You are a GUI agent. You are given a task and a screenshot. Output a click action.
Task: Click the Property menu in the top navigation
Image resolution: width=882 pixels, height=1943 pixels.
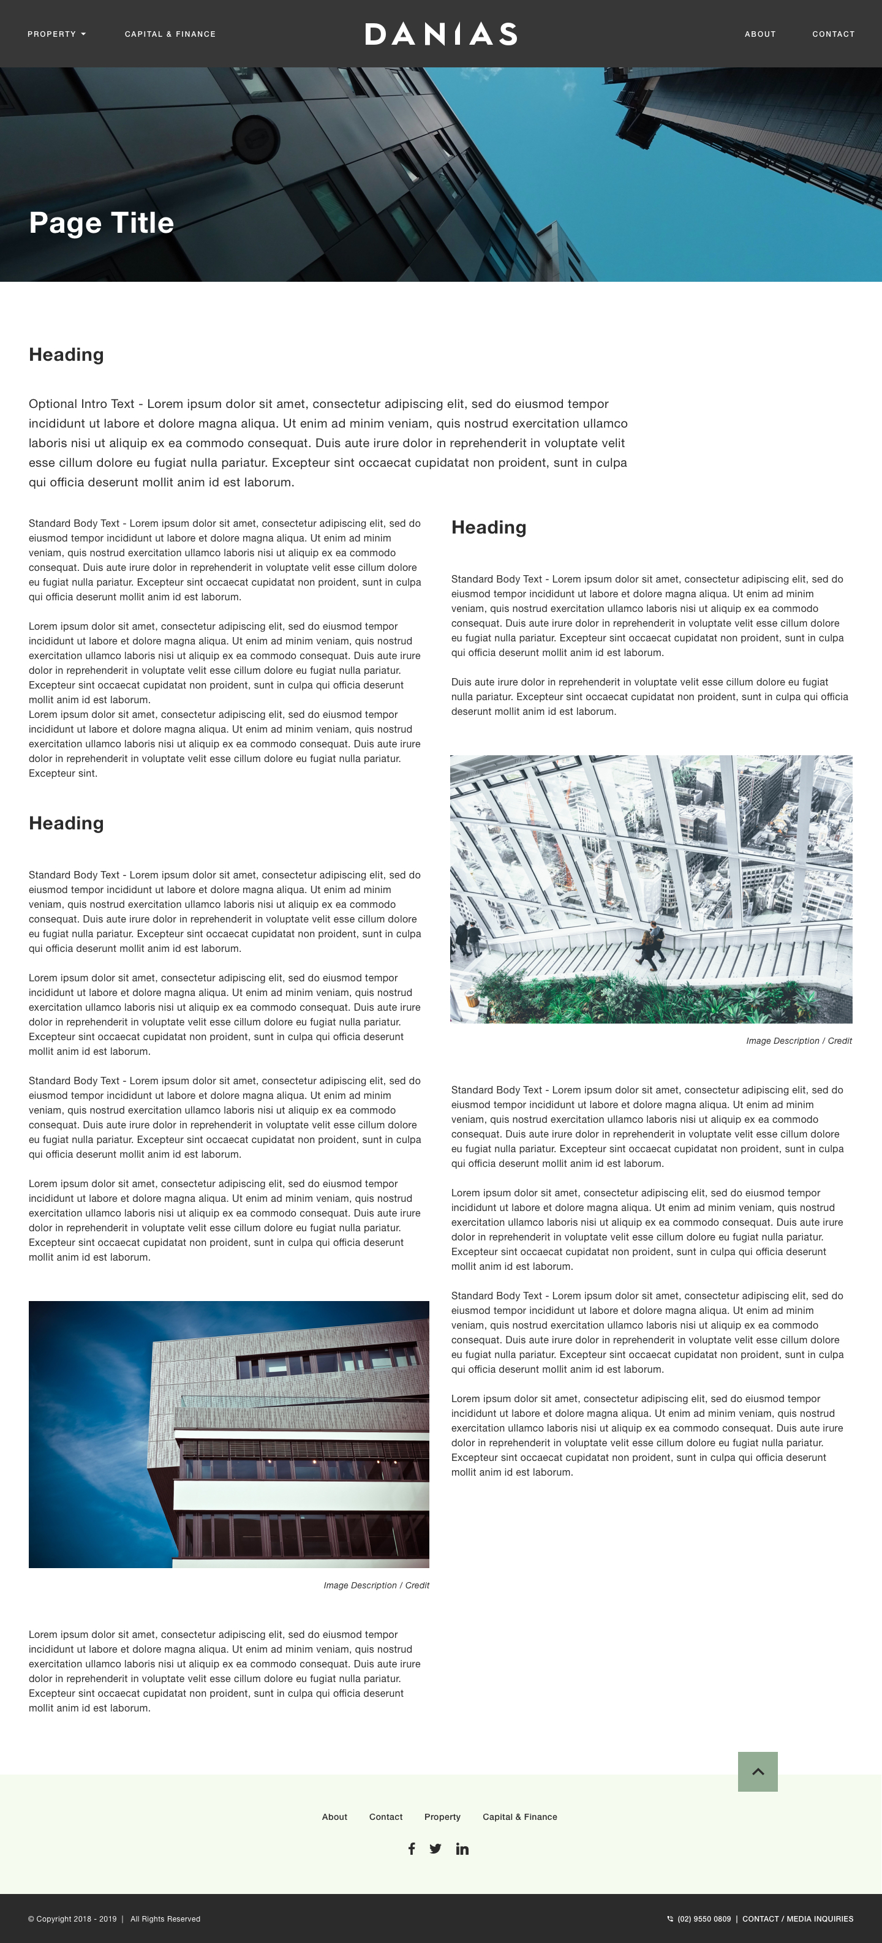[x=56, y=34]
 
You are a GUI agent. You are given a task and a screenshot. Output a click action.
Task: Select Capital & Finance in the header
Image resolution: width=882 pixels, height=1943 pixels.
[x=170, y=34]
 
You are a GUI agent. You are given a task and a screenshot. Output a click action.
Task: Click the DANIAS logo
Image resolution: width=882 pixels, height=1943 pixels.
[x=440, y=34]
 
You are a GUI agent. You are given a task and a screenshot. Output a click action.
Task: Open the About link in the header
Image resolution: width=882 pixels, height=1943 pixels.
[x=759, y=34]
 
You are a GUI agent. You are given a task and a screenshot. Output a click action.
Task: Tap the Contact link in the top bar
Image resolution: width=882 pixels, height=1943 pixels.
[x=833, y=34]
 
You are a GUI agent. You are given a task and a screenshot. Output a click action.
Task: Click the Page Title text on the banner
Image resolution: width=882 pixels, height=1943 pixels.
[x=101, y=222]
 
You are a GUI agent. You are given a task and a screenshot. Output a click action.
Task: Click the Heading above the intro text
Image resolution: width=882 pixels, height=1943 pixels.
[x=66, y=355]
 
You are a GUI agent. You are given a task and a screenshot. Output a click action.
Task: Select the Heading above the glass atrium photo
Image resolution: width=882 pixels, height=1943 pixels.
[x=489, y=527]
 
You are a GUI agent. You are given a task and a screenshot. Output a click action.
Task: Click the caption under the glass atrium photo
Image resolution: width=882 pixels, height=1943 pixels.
[x=798, y=1041]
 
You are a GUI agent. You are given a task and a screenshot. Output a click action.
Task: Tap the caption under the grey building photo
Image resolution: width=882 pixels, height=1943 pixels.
[x=375, y=1585]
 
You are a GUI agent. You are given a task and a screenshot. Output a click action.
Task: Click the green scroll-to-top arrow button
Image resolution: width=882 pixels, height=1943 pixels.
[x=758, y=1771]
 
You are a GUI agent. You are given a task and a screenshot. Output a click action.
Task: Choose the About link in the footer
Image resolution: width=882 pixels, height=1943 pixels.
[x=334, y=1817]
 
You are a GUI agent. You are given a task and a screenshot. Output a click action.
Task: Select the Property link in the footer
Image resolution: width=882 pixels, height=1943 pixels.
[x=442, y=1817]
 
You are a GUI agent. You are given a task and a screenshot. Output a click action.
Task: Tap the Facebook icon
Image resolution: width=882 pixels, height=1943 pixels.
[x=411, y=1849]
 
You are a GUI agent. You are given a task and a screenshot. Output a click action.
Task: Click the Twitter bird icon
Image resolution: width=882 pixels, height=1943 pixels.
[x=435, y=1849]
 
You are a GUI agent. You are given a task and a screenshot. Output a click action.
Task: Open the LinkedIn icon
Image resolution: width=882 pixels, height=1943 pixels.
[x=462, y=1849]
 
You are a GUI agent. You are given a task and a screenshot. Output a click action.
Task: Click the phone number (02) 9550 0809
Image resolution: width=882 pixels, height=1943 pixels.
[x=703, y=1919]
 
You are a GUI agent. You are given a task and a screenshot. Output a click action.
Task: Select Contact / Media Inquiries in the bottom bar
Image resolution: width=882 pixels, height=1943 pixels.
[x=797, y=1919]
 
